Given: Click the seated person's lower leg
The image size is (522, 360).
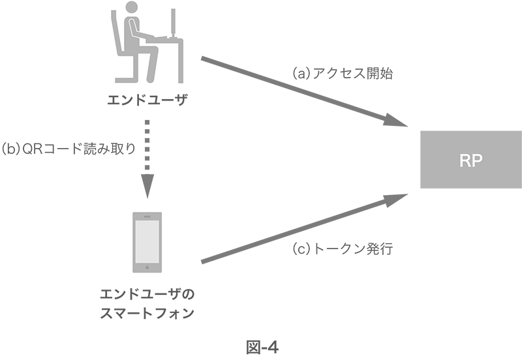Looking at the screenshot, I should coord(153,65).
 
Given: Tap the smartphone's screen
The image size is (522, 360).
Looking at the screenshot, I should coord(147,242).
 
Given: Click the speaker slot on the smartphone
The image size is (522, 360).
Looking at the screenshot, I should coord(147,217).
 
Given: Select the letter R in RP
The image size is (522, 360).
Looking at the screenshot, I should coord(464,162).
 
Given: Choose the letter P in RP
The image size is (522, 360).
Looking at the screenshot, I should coord(476,162).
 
